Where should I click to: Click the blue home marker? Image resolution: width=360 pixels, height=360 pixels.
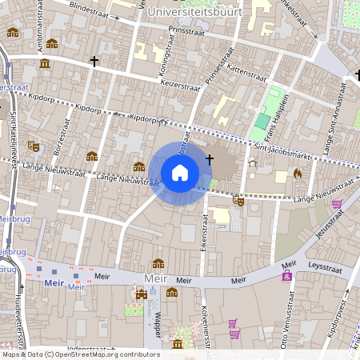coord(180,172)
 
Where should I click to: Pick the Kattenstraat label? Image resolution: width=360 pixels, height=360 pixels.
coord(237,70)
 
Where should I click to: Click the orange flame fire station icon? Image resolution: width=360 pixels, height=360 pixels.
coord(298,173)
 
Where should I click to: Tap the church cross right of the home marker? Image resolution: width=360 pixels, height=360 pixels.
coord(210,159)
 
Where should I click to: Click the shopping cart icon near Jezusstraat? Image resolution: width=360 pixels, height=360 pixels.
coord(338,204)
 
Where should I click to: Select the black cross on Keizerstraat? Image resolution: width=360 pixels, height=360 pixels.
coord(94,61)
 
